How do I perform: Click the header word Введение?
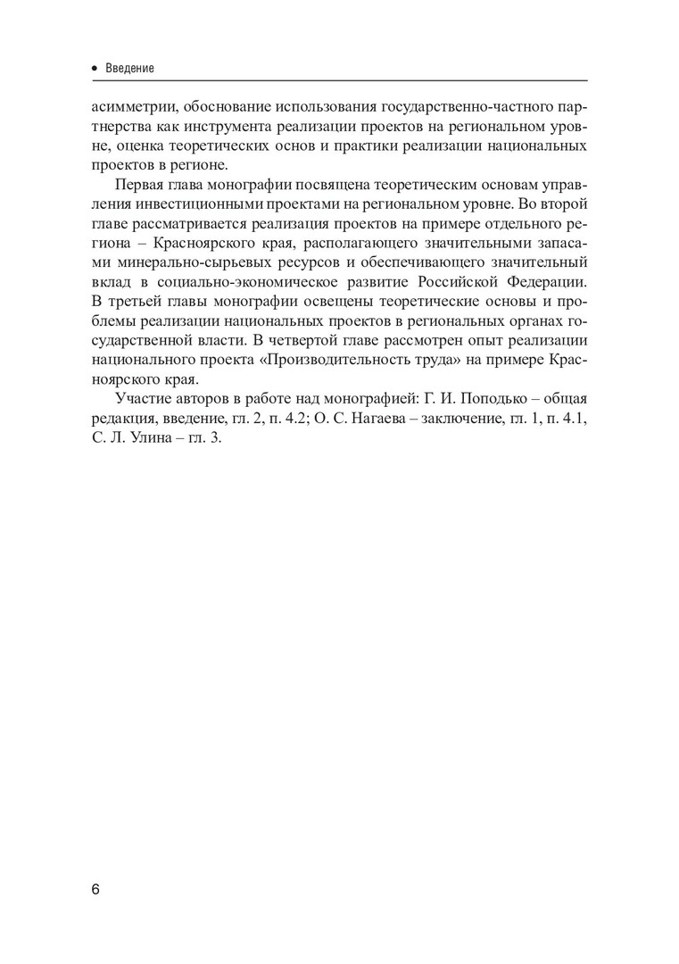[x=131, y=68]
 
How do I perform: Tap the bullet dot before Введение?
[x=95, y=68]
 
